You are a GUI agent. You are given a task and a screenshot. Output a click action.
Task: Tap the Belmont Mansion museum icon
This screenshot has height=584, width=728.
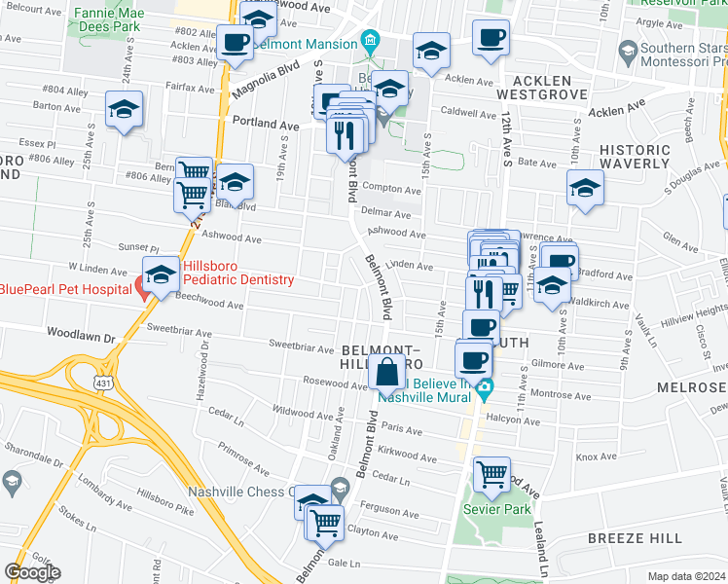click(370, 44)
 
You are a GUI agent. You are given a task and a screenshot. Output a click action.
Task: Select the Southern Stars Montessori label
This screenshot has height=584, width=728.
click(673, 58)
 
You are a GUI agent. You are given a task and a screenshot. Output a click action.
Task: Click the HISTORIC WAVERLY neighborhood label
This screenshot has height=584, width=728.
click(634, 159)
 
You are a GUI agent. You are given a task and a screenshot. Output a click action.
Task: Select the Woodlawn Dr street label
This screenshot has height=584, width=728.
click(80, 337)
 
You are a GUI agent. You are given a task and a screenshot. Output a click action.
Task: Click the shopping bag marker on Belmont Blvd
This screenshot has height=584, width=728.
click(387, 371)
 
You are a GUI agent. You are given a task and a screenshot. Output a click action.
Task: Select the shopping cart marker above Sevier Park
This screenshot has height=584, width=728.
click(492, 475)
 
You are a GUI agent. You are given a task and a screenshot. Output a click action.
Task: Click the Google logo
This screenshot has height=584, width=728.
click(32, 572)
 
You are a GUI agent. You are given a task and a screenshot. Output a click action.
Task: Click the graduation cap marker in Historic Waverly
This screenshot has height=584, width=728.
click(585, 187)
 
